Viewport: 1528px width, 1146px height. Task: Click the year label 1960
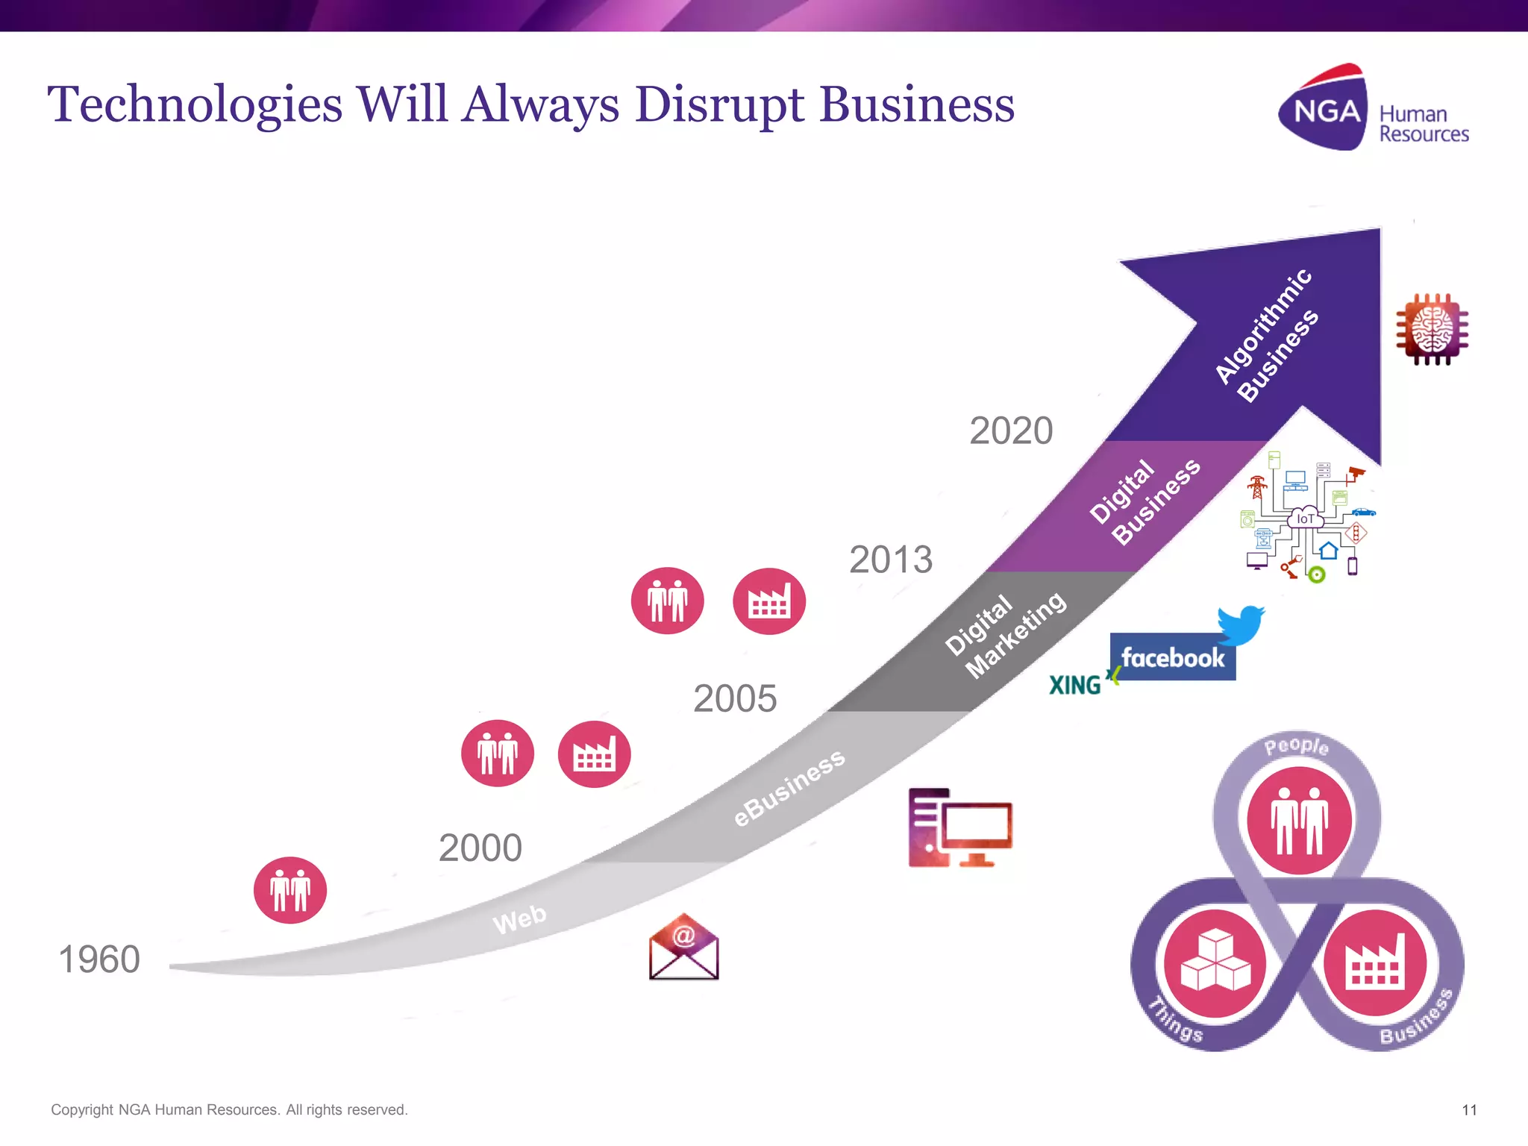coord(99,959)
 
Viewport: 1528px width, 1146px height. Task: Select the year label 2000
coord(480,848)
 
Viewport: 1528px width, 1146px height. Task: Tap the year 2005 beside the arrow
coord(735,699)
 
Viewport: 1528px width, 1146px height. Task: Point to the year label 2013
coord(891,560)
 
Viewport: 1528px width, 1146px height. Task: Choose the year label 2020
coord(1011,430)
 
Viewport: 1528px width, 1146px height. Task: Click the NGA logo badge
coord(1324,110)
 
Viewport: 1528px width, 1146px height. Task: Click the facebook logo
coord(1172,657)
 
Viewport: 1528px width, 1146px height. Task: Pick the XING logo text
coord(1075,685)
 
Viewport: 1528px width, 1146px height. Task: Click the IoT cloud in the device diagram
coord(1305,518)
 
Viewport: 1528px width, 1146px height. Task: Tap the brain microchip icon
coord(1432,329)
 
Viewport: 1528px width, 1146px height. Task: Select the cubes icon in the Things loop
coord(1215,962)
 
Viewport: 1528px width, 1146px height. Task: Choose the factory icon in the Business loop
coord(1375,962)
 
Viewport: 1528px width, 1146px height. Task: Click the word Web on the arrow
coord(519,918)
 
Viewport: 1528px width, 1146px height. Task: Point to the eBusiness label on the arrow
coord(789,787)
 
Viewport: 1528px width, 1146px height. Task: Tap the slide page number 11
coord(1469,1110)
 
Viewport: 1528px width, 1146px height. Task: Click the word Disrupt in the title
coord(719,104)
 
